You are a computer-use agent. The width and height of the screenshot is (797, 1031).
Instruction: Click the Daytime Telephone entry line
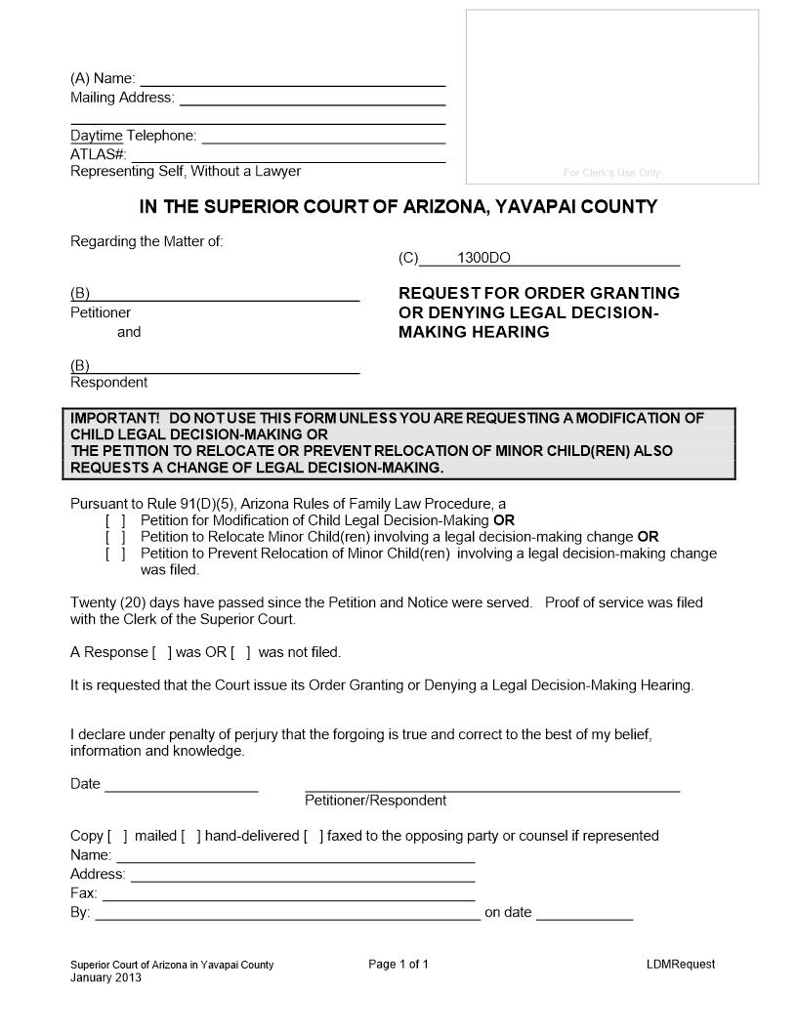click(x=322, y=137)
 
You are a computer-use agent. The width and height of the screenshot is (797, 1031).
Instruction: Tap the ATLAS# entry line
click(x=288, y=155)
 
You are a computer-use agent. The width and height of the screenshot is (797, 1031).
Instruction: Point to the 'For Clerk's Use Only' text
click(x=612, y=173)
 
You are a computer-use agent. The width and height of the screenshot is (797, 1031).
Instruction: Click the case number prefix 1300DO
click(x=483, y=259)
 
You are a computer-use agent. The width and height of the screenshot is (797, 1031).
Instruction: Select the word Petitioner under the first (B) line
click(x=101, y=313)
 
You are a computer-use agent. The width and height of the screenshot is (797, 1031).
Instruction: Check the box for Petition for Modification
click(x=115, y=520)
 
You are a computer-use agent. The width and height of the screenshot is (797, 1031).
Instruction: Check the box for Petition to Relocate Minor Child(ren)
click(x=115, y=537)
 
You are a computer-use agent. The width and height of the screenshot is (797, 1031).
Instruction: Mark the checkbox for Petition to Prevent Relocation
click(x=115, y=554)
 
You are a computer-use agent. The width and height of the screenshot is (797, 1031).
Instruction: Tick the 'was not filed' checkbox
click(x=241, y=652)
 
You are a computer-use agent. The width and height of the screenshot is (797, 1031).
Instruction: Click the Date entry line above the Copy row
click(x=182, y=785)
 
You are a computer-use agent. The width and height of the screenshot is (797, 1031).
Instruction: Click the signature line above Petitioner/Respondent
click(x=492, y=785)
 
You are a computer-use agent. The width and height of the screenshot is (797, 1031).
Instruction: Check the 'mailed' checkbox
click(x=117, y=836)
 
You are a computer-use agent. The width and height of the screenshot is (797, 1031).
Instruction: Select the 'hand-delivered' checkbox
click(x=191, y=836)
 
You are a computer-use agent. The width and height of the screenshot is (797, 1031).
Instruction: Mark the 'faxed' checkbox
click(x=314, y=836)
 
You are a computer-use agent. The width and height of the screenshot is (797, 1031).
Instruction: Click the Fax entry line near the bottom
click(x=288, y=894)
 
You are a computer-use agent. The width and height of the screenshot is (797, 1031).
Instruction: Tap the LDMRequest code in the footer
click(x=680, y=965)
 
